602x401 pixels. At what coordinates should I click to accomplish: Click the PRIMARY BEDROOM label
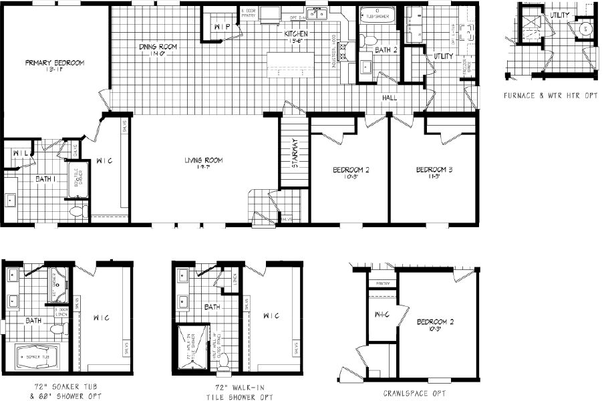pos(55,63)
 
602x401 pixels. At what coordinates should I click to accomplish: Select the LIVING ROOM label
pos(204,160)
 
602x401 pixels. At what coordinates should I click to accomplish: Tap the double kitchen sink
pos(315,13)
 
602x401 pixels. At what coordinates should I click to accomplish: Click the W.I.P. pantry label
pos(222,26)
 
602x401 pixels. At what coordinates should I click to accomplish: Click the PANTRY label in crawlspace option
pos(382,283)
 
